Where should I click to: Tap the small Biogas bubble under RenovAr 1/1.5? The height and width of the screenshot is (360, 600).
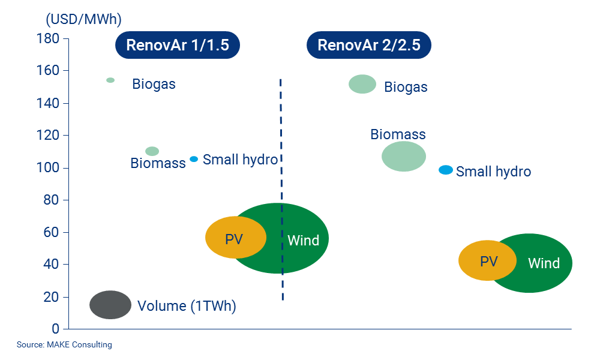point(110,80)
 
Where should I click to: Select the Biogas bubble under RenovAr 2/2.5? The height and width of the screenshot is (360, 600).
point(362,84)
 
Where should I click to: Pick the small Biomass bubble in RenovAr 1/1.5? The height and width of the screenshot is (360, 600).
point(152,151)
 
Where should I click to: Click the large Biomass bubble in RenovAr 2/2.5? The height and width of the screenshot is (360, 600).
point(404,157)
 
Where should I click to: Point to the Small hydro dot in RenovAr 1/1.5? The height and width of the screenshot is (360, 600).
point(194,159)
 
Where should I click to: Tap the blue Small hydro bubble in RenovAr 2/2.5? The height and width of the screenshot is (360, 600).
point(445,170)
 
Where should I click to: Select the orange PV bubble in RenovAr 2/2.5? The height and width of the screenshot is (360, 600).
point(487,260)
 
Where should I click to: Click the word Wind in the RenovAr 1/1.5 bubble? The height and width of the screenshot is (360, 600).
point(304,241)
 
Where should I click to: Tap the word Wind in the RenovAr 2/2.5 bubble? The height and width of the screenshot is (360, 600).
point(544,263)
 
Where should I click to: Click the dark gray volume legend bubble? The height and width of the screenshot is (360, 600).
point(110,305)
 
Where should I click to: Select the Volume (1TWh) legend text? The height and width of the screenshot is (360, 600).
point(187,306)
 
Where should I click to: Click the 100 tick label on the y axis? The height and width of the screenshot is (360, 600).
point(51,168)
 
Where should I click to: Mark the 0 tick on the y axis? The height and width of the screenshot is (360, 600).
point(56,329)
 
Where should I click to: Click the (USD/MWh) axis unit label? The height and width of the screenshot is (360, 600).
point(83,19)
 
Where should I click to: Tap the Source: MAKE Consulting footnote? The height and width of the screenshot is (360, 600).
point(64,345)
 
